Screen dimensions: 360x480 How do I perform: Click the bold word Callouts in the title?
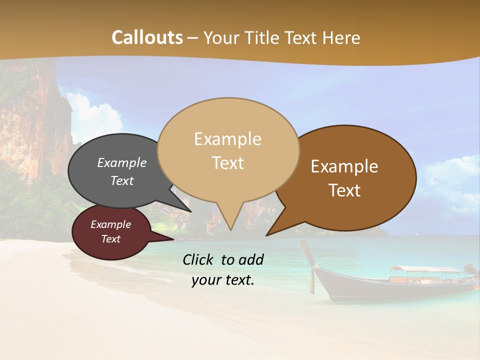[x=147, y=37]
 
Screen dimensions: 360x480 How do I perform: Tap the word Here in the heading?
[x=341, y=37]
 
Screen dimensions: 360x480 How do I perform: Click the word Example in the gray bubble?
[x=121, y=163]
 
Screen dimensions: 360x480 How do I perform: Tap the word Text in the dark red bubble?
[x=111, y=239]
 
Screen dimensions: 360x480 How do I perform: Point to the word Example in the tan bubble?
[x=227, y=139]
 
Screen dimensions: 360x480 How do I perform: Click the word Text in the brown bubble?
[x=345, y=190]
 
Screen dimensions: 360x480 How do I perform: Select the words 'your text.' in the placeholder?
[x=223, y=280]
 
